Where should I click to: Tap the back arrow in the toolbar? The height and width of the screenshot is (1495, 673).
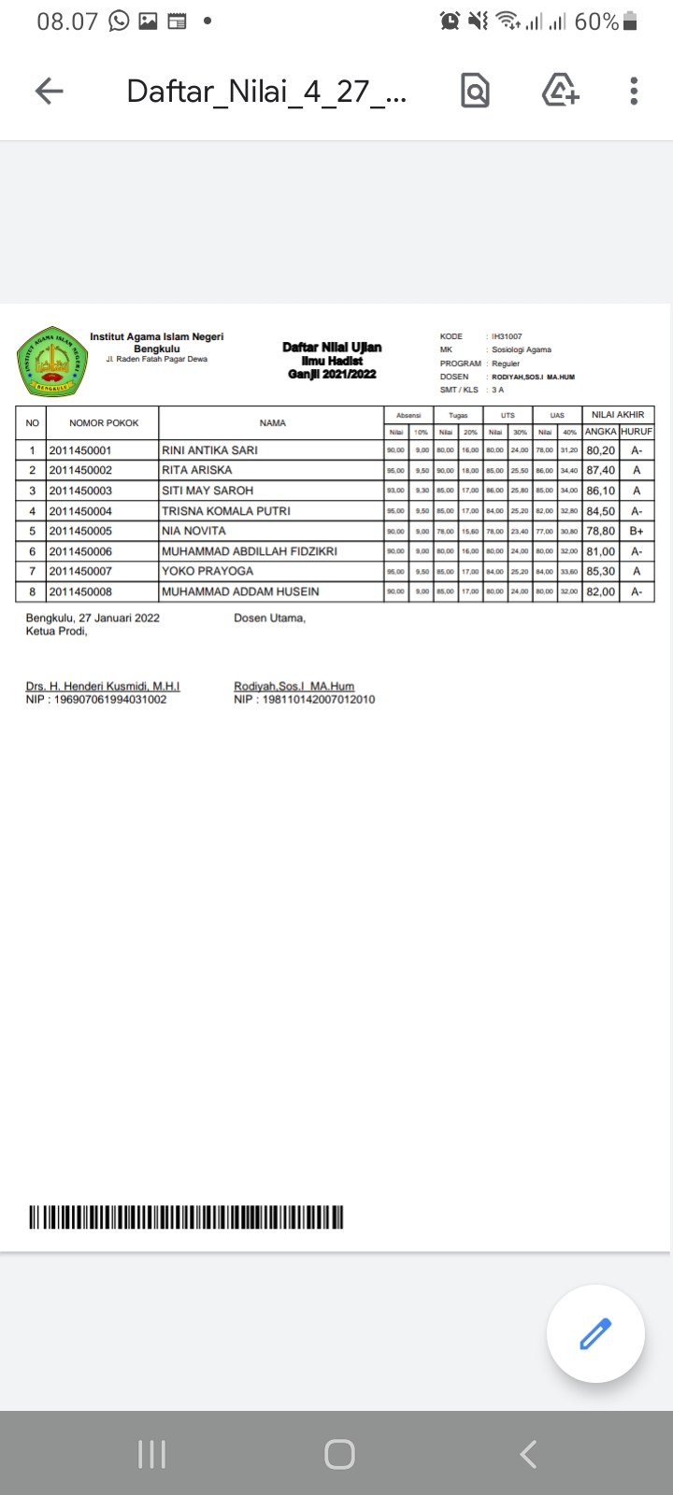(49, 91)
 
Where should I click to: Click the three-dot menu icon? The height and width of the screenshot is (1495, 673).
(634, 91)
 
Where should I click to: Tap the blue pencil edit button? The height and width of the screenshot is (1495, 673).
(595, 1333)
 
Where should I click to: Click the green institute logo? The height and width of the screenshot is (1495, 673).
(51, 360)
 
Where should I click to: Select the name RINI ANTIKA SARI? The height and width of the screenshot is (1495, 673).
(209, 450)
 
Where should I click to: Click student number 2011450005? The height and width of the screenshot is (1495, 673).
(80, 531)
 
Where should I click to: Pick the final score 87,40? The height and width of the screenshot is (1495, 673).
(601, 470)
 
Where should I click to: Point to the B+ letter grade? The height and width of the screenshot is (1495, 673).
(637, 531)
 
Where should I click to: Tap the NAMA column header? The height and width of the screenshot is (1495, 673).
(272, 423)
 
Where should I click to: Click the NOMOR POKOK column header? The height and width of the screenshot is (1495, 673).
(104, 423)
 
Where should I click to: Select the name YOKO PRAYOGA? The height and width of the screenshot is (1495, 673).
(208, 571)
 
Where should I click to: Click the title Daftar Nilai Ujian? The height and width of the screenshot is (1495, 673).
(332, 348)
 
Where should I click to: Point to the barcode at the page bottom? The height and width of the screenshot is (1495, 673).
(186, 1217)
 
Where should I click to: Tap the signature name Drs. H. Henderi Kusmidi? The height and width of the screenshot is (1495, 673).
(103, 686)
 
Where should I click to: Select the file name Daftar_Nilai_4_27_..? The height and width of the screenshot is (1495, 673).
(266, 92)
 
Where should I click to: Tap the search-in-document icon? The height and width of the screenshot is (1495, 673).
(475, 91)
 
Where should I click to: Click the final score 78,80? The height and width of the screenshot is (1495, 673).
(601, 531)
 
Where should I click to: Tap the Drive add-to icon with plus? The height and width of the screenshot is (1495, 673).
(560, 91)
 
